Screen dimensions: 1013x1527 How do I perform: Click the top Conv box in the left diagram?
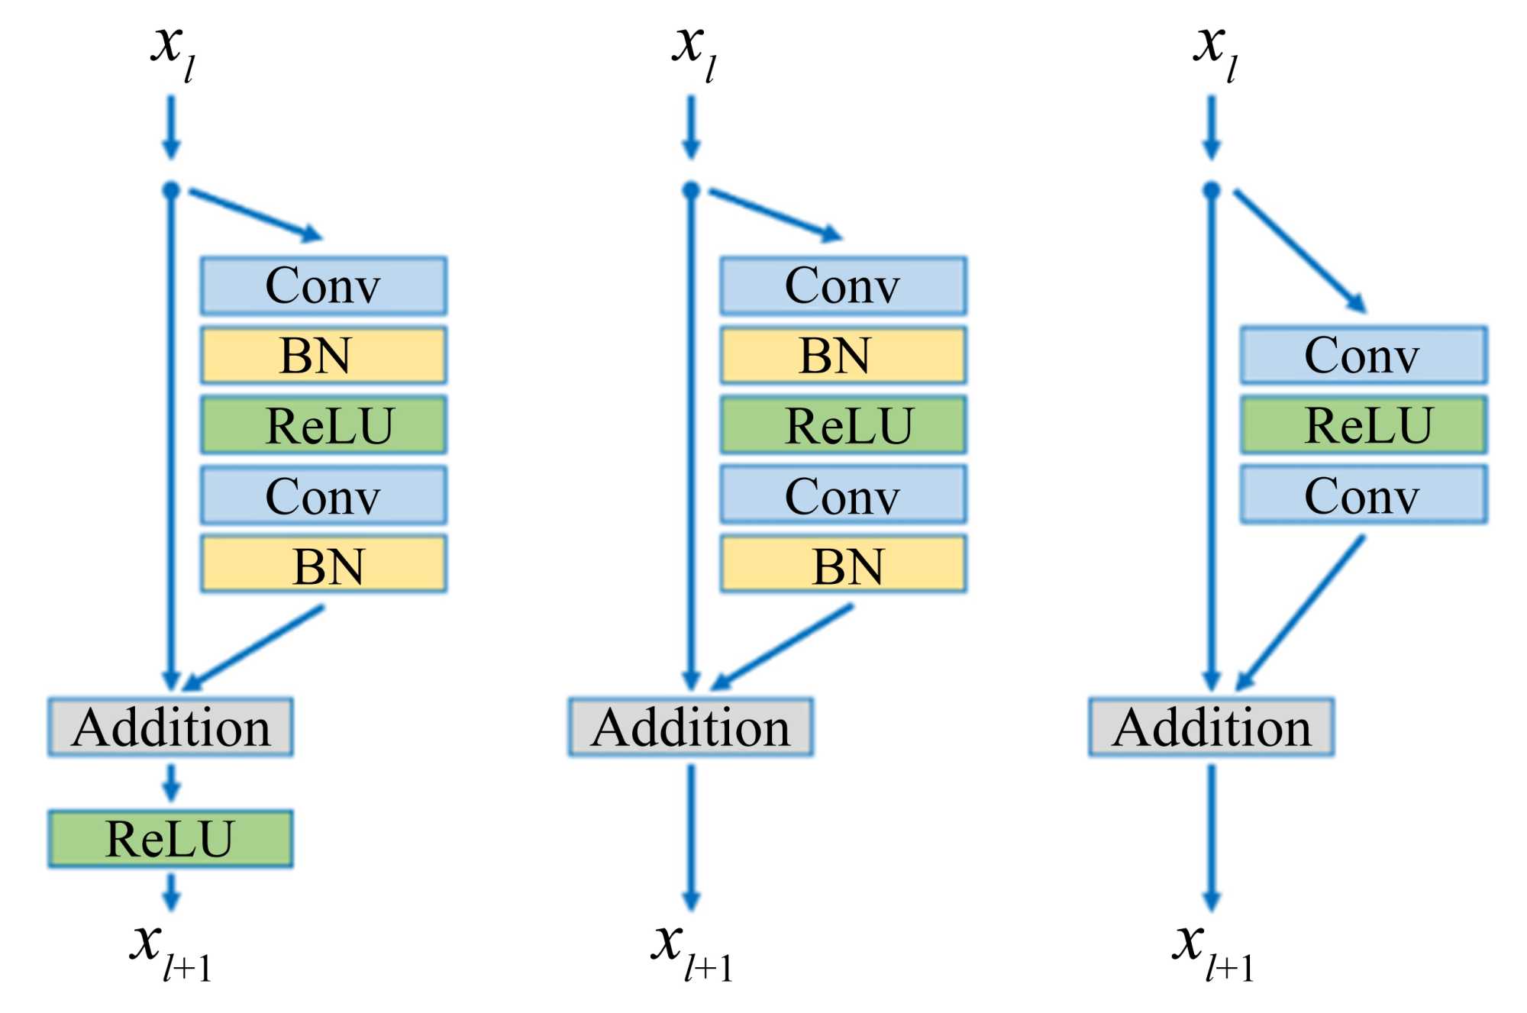pos(323,286)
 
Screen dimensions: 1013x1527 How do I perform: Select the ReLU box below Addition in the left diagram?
pos(170,839)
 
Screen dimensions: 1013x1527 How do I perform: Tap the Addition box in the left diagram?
pos(170,727)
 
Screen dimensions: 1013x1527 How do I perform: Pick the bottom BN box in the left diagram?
pos(323,565)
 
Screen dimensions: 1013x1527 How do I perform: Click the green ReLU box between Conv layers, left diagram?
pos(323,425)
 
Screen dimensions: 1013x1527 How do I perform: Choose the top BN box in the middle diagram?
pos(843,356)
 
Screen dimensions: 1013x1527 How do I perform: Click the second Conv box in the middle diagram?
pos(843,495)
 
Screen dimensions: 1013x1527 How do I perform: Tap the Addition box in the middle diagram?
pos(690,727)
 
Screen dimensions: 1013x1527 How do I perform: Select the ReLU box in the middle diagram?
pos(843,425)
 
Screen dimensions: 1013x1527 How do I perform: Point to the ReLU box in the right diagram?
pos(1364,425)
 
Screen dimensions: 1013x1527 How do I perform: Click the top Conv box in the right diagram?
pos(1364,356)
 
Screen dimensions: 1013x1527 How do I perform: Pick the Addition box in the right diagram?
pos(1211,727)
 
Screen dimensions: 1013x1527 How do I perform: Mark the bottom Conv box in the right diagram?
pos(1364,495)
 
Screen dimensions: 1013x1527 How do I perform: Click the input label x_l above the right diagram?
pos(1215,50)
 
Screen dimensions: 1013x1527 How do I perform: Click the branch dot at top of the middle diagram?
pos(691,190)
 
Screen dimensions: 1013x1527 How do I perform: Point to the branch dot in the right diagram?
pos(1211,190)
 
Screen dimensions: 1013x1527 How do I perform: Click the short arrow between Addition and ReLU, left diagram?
pos(171,782)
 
